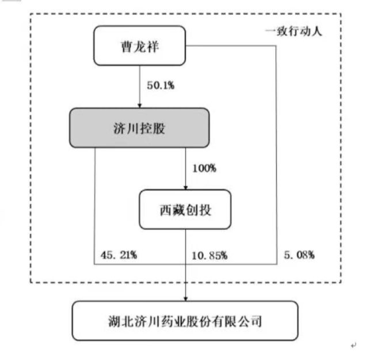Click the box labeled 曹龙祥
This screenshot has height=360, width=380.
click(139, 46)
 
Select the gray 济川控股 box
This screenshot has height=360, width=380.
click(139, 128)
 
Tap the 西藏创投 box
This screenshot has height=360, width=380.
click(185, 210)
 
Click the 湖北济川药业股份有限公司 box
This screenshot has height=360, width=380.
click(185, 321)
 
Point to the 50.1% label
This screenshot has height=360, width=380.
click(161, 85)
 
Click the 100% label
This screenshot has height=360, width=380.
click(204, 168)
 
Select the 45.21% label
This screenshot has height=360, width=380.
click(119, 255)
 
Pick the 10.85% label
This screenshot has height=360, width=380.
click(210, 256)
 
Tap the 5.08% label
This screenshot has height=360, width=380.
click(299, 255)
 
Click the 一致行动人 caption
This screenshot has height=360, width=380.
click(294, 32)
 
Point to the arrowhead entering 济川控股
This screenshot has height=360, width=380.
click(139, 106)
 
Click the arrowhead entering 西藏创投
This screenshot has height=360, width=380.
click(185, 188)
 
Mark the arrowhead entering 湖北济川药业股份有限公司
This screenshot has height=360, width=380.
click(185, 299)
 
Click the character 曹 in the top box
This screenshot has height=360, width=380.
click(127, 47)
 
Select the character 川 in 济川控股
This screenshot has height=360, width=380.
click(132, 128)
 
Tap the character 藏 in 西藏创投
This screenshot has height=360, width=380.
click(179, 210)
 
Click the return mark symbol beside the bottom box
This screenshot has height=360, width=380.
click(354, 345)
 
